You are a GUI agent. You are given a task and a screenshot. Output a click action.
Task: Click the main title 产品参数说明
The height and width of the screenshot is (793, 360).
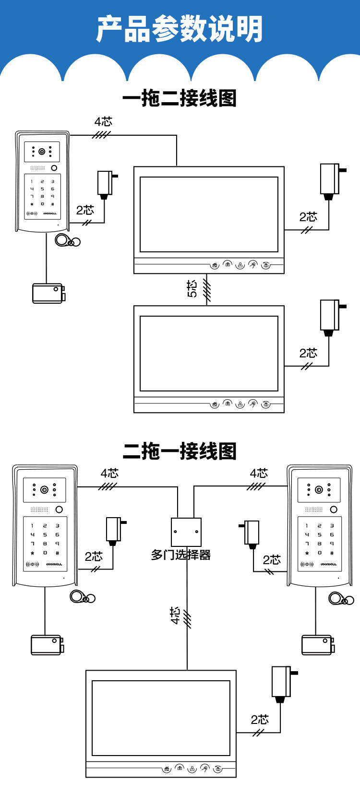coord(180,29)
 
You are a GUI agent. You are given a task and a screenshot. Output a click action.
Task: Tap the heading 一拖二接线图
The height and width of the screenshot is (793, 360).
coord(180,98)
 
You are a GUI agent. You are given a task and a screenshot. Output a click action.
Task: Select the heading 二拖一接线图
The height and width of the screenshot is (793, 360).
coord(180,451)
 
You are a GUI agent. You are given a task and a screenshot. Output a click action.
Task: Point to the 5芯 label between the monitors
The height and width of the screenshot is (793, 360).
coord(192,289)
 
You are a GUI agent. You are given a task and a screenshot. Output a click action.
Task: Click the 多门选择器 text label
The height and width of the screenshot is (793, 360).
coord(181,555)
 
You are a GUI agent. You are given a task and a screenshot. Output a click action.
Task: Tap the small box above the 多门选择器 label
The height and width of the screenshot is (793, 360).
coord(186,532)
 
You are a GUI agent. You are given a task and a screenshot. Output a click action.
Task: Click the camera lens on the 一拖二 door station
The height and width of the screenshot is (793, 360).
coord(42,152)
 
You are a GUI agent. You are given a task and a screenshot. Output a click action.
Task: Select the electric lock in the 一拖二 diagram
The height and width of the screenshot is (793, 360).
coord(48,293)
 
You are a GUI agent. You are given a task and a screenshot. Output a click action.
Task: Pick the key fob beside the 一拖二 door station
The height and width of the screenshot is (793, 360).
coord(66,240)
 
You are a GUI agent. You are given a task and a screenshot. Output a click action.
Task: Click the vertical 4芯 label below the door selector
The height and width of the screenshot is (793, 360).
coord(175,615)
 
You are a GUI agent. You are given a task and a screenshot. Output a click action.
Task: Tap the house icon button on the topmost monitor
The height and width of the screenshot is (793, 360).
coord(215,265)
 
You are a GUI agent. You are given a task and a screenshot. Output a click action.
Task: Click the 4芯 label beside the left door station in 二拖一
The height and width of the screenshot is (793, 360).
coord(109,473)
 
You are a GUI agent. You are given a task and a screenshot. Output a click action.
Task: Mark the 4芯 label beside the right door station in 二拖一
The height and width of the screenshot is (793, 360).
coord(259,473)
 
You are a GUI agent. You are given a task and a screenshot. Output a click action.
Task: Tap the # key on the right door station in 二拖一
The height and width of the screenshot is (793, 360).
coord(332,553)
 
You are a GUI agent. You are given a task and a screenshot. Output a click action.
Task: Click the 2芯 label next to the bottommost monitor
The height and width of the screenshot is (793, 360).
coord(260,720)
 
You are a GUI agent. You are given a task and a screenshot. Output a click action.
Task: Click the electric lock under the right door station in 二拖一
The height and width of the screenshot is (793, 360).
coord(317,645)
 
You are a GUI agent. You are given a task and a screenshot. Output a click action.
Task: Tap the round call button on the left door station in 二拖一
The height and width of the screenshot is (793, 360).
coord(59,509)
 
